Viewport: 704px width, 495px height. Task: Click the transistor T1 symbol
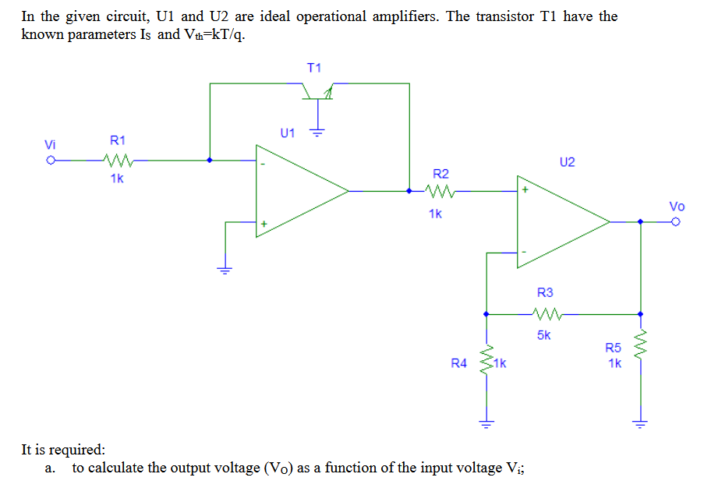click(317, 94)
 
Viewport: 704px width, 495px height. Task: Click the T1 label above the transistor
click(314, 68)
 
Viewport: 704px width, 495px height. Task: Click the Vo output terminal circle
click(676, 222)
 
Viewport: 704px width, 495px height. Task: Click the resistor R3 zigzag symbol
click(546, 314)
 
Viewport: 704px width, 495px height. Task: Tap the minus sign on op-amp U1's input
click(263, 164)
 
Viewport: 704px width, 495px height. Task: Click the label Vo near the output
click(676, 206)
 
